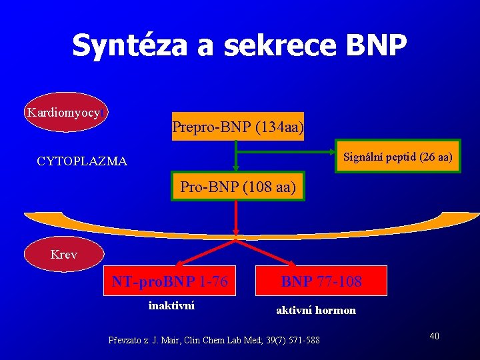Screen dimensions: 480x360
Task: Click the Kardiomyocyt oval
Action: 65,112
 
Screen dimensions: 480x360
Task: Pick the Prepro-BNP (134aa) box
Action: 238,126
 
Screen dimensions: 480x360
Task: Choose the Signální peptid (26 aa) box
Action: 398,157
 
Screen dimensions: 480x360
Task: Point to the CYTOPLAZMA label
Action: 82,161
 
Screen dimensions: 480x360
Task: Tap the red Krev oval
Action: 64,254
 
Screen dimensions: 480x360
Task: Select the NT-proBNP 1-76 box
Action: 170,282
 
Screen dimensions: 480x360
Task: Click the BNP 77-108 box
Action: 321,282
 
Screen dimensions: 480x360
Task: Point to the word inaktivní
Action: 171,306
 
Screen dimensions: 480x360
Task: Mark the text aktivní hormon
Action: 316,310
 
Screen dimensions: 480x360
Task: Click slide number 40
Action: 434,335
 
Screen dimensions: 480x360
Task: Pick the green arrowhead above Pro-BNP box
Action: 235,169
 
